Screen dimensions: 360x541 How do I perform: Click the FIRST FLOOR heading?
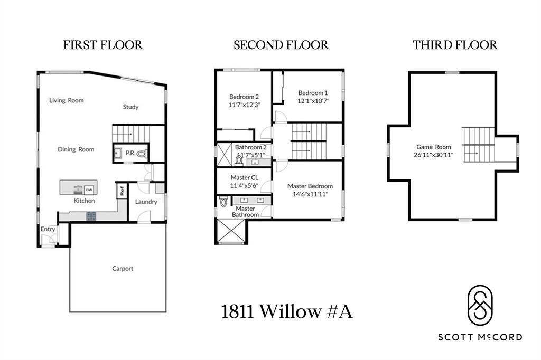[x=103, y=45]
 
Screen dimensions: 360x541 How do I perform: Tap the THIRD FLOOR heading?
[x=455, y=45]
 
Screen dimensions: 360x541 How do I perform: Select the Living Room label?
[x=67, y=100]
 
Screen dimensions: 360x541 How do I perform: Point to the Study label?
[x=130, y=107]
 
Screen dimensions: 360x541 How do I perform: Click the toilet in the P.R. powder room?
[x=141, y=154]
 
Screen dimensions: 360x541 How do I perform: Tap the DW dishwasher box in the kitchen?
[x=89, y=190]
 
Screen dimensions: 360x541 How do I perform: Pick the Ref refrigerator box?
[x=122, y=191]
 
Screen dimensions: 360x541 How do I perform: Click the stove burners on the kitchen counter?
[x=91, y=215]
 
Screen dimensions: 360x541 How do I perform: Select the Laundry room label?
[x=146, y=202]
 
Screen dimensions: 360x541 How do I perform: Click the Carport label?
[x=123, y=269]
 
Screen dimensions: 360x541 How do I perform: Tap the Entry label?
[x=48, y=230]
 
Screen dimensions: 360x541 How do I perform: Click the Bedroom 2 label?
[x=244, y=97]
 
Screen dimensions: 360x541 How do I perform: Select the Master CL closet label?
[x=244, y=177]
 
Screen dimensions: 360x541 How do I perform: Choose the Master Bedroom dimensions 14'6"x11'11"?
[x=310, y=194]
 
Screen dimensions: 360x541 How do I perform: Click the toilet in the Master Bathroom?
[x=223, y=202]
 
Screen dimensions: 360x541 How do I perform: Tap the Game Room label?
[x=434, y=147]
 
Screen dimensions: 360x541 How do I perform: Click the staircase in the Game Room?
[x=479, y=145]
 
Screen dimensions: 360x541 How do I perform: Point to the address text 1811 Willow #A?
[x=286, y=312]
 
